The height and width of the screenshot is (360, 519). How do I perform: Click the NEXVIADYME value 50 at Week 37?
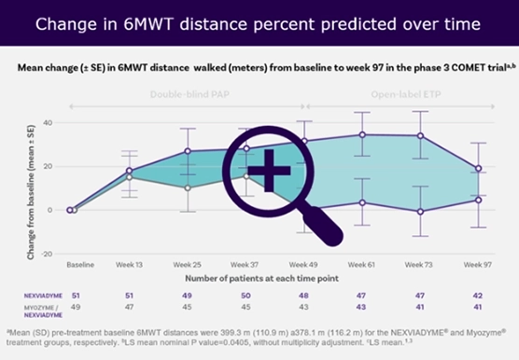246,295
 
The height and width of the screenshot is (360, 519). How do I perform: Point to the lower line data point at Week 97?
479,200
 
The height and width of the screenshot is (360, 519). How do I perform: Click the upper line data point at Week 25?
188,151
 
